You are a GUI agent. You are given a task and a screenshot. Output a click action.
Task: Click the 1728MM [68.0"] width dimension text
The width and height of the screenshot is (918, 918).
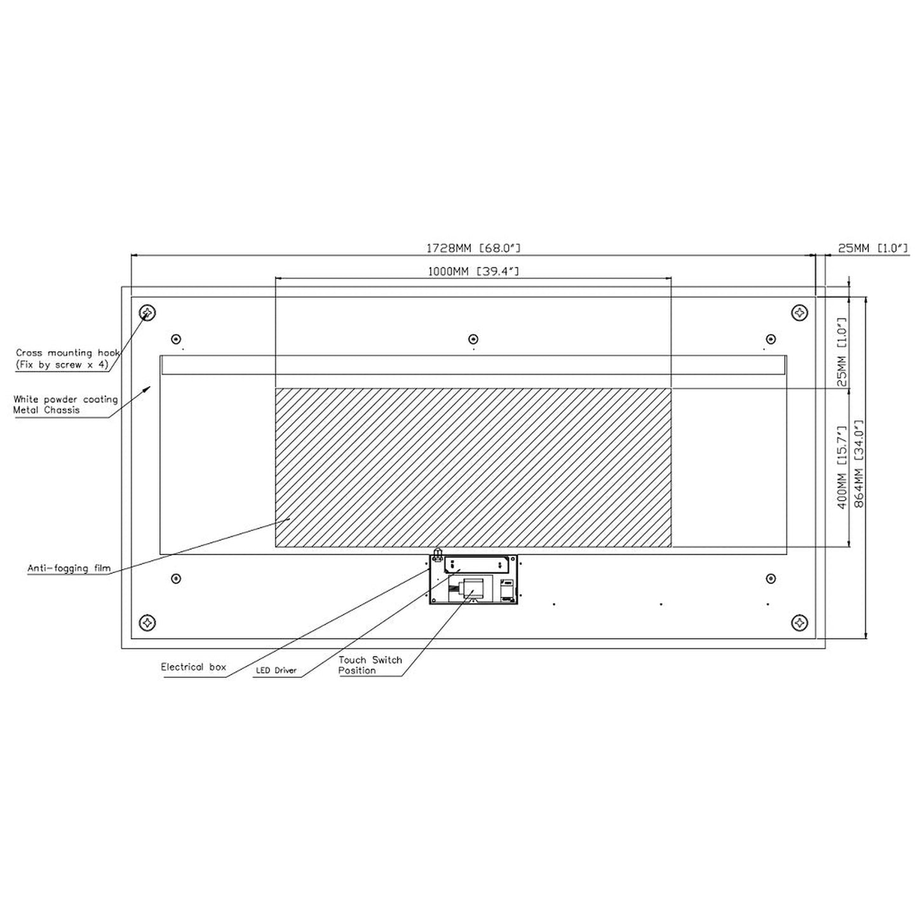click(x=473, y=248)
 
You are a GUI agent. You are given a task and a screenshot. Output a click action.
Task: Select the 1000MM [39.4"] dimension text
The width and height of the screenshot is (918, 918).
click(x=473, y=271)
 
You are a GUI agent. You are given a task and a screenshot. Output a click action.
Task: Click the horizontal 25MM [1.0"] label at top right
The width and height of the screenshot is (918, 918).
click(x=872, y=248)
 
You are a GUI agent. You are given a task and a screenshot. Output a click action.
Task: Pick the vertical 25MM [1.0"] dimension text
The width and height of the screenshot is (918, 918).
click(x=842, y=352)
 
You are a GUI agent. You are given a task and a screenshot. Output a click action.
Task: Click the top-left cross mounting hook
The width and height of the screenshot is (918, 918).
click(x=148, y=313)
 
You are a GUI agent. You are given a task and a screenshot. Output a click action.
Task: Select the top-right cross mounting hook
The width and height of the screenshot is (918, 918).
click(x=800, y=313)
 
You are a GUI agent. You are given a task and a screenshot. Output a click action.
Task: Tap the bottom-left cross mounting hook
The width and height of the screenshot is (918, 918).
click(x=148, y=622)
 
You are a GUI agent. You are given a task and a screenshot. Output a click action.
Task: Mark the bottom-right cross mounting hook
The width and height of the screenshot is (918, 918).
click(x=800, y=622)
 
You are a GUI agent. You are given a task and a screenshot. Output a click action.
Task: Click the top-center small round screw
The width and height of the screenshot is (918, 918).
click(x=473, y=339)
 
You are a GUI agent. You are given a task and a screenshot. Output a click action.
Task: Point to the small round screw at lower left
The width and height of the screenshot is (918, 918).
click(x=176, y=579)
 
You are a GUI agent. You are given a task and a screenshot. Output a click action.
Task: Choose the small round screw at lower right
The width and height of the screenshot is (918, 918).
click(x=771, y=579)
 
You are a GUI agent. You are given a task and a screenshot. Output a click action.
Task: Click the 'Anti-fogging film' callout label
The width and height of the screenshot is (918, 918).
click(x=69, y=568)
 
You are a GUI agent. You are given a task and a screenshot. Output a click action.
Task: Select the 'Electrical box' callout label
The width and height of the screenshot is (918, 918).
click(x=193, y=667)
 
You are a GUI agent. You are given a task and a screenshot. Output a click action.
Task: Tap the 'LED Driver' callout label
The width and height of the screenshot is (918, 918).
click(x=276, y=670)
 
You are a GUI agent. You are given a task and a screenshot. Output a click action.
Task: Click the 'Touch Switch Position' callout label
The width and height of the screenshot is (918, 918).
click(x=370, y=665)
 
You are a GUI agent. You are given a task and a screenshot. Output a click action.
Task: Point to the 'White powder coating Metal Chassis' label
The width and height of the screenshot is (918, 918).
click(x=65, y=405)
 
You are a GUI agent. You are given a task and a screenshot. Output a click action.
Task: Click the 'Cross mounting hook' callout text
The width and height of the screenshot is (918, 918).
click(x=67, y=358)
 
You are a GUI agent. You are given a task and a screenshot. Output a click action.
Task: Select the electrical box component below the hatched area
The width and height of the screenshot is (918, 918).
click(x=473, y=579)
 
